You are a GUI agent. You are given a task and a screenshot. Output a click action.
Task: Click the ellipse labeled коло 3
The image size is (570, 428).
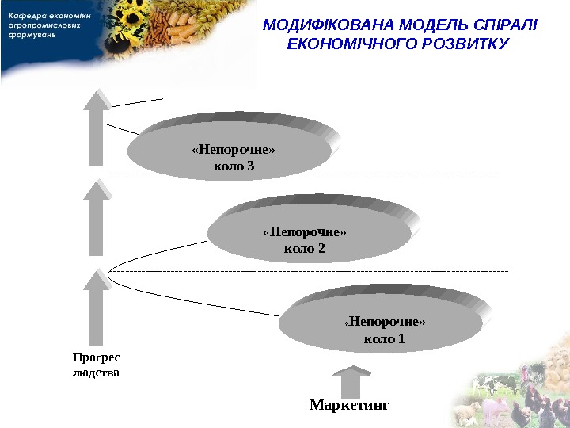(229, 151)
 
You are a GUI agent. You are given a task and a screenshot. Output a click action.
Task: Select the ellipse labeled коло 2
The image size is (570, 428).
(308, 234)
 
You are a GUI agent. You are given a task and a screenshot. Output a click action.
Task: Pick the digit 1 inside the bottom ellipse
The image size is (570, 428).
(401, 339)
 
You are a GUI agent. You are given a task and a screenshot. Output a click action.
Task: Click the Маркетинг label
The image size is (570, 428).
(350, 405)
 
